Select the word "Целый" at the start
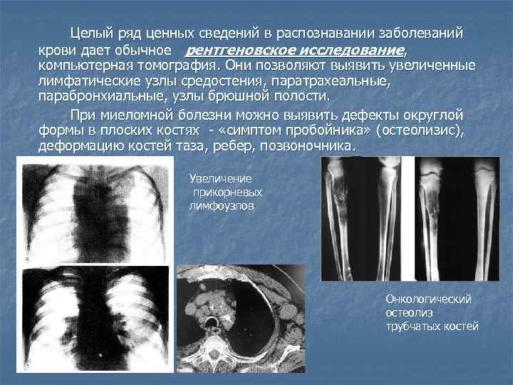click(88, 33)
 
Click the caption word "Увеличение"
click(221, 179)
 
